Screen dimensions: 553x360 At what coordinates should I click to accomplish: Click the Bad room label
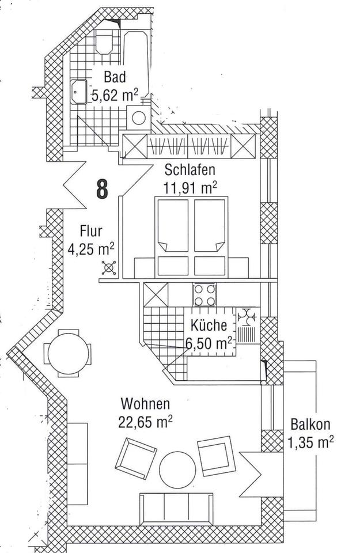click(x=116, y=77)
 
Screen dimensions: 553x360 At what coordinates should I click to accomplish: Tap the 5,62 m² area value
click(x=115, y=95)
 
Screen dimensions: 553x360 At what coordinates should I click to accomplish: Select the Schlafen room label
click(x=190, y=170)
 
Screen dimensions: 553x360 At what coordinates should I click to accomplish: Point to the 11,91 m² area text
click(x=191, y=187)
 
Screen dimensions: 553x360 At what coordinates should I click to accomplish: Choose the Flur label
click(x=91, y=232)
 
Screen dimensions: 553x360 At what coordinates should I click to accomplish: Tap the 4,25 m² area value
click(x=91, y=250)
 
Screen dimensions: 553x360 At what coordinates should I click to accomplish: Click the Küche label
click(x=209, y=325)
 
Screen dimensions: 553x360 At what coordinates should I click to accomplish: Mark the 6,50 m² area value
click(x=209, y=343)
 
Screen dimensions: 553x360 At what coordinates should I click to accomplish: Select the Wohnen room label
click(x=145, y=404)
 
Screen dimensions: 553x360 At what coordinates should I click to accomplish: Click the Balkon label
click(x=310, y=425)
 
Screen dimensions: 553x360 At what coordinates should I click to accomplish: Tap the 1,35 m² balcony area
click(x=310, y=443)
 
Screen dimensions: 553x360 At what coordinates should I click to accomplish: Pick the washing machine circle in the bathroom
click(x=139, y=117)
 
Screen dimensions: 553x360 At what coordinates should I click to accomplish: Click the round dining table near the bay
click(x=69, y=353)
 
